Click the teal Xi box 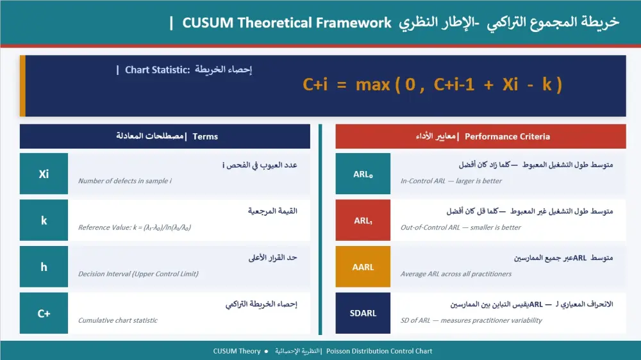[44, 174]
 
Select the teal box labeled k [44, 220]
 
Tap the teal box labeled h [44, 267]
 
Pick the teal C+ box [44, 313]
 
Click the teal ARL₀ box [363, 174]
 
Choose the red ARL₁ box [363, 220]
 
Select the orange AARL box [363, 267]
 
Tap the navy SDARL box [363, 313]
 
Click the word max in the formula [372, 84]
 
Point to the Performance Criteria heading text [507, 136]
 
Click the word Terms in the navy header [205, 136]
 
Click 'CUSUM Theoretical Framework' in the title [287, 23]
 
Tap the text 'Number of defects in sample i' [124, 181]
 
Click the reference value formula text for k [135, 227]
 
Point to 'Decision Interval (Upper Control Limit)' [138, 274]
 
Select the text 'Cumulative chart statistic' [117, 320]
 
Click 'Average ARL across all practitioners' [456, 274]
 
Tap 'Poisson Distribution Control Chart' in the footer [379, 351]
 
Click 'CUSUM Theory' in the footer [237, 351]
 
